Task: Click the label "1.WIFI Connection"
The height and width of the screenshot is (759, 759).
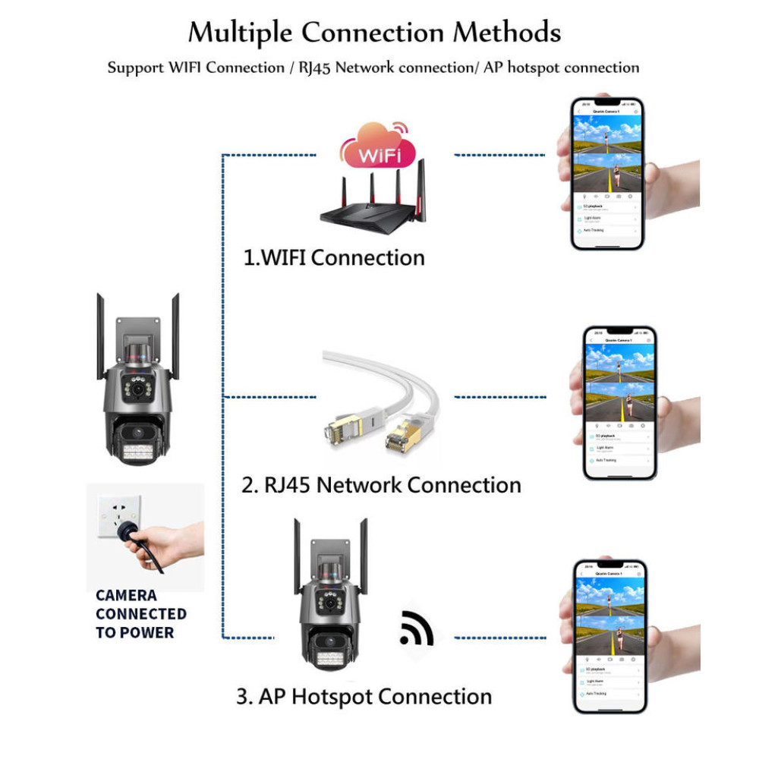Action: pos(334,257)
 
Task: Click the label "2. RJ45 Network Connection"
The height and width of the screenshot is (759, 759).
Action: pos(381,484)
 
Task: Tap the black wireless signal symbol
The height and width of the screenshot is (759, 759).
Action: pos(415,627)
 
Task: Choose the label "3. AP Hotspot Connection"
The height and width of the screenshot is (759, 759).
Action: pos(364,696)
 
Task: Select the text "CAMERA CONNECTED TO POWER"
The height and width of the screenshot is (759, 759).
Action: pos(141,614)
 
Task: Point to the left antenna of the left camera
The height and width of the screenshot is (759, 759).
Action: pos(100,334)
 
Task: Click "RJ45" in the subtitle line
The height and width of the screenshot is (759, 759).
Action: pos(313,68)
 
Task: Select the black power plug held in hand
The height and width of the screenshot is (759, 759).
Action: pos(141,540)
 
